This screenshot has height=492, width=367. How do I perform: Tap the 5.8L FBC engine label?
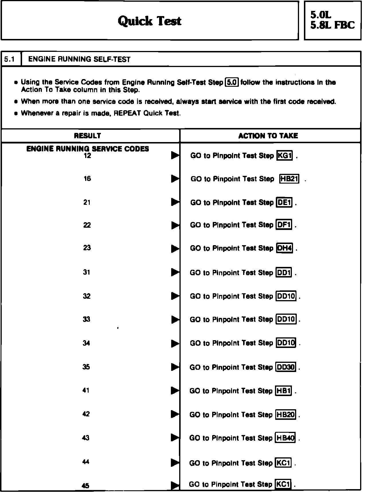point(332,25)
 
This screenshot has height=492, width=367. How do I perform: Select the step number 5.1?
point(9,59)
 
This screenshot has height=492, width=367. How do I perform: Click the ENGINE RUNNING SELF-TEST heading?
point(79,59)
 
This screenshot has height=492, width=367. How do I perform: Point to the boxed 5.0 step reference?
point(232,82)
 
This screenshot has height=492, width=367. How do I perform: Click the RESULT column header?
point(87,135)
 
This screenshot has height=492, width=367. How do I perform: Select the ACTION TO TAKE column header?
point(268,136)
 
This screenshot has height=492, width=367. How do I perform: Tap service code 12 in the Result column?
point(87,156)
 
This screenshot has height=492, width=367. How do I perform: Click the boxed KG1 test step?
point(284,156)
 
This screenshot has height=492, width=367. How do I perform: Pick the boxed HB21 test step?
point(289,179)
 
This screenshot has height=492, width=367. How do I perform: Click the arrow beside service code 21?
point(175,202)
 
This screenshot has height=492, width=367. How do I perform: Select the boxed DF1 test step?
point(284,225)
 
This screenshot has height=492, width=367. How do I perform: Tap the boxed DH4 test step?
point(284,248)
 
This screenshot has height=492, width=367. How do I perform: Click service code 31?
point(87,272)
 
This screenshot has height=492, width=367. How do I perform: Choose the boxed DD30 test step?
point(286,367)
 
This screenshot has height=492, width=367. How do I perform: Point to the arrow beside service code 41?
point(175,390)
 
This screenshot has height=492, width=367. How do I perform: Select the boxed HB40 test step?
point(285,438)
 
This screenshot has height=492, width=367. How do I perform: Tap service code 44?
point(86,461)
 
